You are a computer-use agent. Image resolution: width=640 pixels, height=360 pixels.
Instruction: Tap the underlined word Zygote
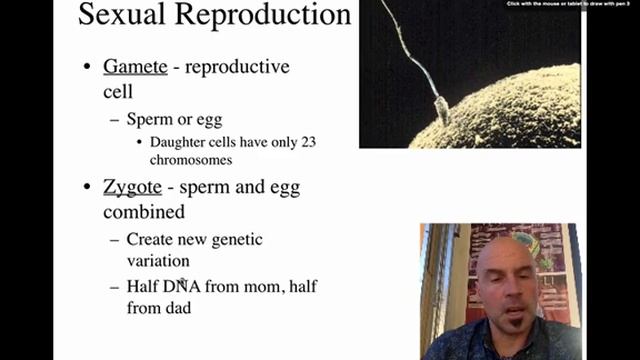tap(133, 187)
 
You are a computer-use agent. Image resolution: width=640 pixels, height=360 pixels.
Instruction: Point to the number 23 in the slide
tap(307, 142)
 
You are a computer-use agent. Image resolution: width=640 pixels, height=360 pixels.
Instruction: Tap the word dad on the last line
tap(178, 309)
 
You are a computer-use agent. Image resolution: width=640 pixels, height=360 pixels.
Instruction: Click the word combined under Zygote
tap(143, 212)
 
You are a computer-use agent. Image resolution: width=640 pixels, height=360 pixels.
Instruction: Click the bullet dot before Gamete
tap(88, 68)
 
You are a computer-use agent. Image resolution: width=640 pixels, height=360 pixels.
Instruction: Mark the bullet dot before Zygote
tap(88, 188)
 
